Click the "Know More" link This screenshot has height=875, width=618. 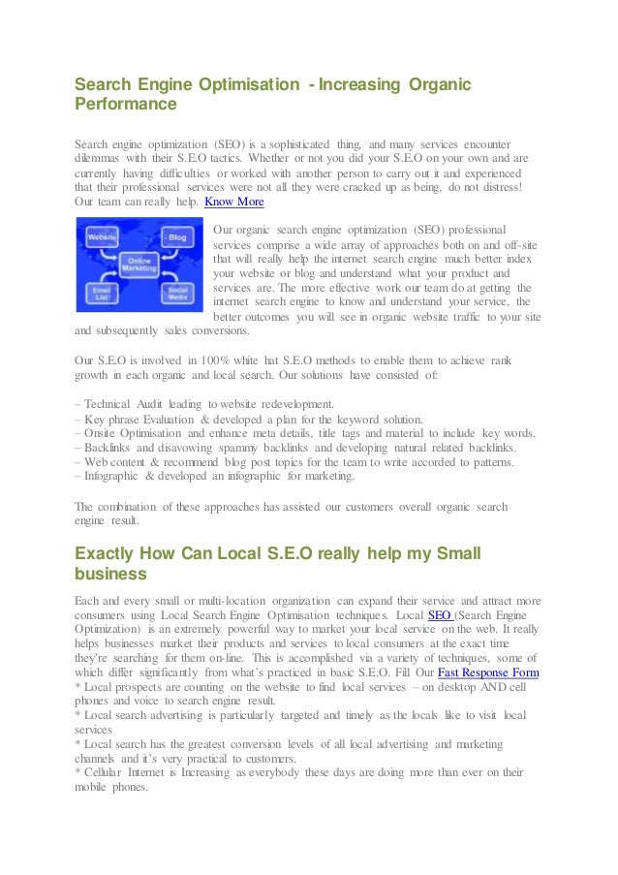pyautogui.click(x=233, y=203)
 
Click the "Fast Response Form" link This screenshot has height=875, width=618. pyautogui.click(x=489, y=672)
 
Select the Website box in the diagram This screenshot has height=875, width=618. pyautogui.click(x=102, y=236)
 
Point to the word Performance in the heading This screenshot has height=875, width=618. pyautogui.click(x=126, y=105)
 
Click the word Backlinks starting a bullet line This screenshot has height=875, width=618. pyautogui.click(x=107, y=448)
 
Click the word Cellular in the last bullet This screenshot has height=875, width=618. pyautogui.click(x=106, y=773)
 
